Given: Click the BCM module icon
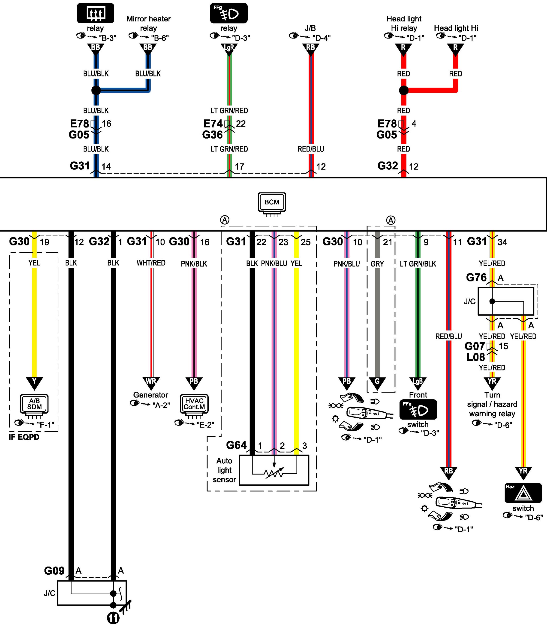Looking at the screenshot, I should (x=272, y=202).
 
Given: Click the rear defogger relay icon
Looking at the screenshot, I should (x=95, y=13).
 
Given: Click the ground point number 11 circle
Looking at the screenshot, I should (x=113, y=618).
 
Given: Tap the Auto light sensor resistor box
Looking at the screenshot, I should (x=274, y=470).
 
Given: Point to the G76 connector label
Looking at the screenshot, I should (x=476, y=277).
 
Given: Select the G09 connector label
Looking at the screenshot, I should (x=54, y=571).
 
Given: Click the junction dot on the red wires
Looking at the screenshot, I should (x=403, y=90).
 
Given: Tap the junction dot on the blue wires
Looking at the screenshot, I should (x=96, y=90).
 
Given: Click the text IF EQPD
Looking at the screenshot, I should (x=24, y=437).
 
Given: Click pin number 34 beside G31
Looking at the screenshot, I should (x=502, y=242).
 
